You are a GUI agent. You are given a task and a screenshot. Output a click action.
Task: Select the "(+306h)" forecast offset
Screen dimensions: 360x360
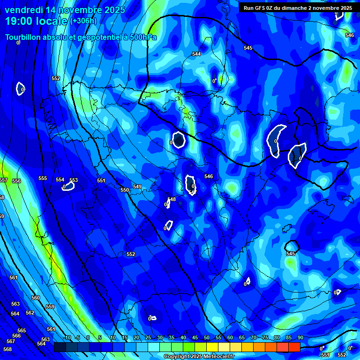[x=83, y=21]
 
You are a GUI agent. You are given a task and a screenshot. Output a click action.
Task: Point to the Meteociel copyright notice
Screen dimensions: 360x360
[x=199, y=357]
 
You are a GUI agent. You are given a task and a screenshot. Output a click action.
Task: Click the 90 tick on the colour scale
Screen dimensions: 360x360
[x=300, y=337]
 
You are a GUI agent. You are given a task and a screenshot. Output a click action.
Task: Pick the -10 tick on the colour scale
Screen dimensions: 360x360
[x=67, y=337]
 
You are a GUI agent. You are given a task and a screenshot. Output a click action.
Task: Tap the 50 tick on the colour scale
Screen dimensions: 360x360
[x=207, y=337]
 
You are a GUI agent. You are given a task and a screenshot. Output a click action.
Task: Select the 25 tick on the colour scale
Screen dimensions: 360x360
[x=148, y=337]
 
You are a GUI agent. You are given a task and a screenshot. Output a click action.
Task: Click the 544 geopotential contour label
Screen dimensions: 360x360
[x=196, y=54]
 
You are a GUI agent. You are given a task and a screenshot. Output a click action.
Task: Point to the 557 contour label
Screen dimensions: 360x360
[x=3, y=180]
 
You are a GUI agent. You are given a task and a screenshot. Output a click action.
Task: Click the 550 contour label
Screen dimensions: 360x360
[x=124, y=190]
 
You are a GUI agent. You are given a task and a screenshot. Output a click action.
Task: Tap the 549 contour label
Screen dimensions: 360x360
[x=137, y=187]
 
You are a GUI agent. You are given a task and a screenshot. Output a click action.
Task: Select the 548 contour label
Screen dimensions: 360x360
[x=172, y=199]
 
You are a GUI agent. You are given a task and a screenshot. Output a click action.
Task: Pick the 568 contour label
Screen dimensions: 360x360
[x=7, y=349]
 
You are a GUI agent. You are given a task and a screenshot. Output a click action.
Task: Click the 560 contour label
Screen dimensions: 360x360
[x=36, y=298]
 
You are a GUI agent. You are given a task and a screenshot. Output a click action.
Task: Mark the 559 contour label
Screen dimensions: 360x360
[x=50, y=307]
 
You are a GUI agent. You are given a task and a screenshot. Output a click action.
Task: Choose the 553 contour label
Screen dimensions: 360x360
[x=74, y=180]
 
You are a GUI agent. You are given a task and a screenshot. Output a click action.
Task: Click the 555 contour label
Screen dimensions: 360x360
[x=43, y=179]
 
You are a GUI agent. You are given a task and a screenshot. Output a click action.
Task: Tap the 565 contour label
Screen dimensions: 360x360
[x=22, y=330]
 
